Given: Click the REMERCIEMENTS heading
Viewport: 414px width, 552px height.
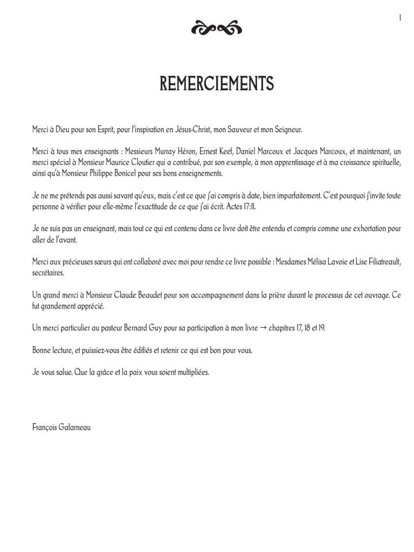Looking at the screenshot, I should (217, 84).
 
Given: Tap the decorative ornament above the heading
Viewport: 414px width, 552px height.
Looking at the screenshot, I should (216, 29).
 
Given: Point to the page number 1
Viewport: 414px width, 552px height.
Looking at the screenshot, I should (400, 18).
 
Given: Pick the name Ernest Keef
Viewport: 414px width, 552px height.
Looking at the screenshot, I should (216, 153).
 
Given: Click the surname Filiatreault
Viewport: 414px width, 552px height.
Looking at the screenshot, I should (380, 262).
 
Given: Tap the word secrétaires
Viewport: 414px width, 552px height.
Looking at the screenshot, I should (48, 273).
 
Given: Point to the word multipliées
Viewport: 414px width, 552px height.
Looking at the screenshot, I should (190, 372).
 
